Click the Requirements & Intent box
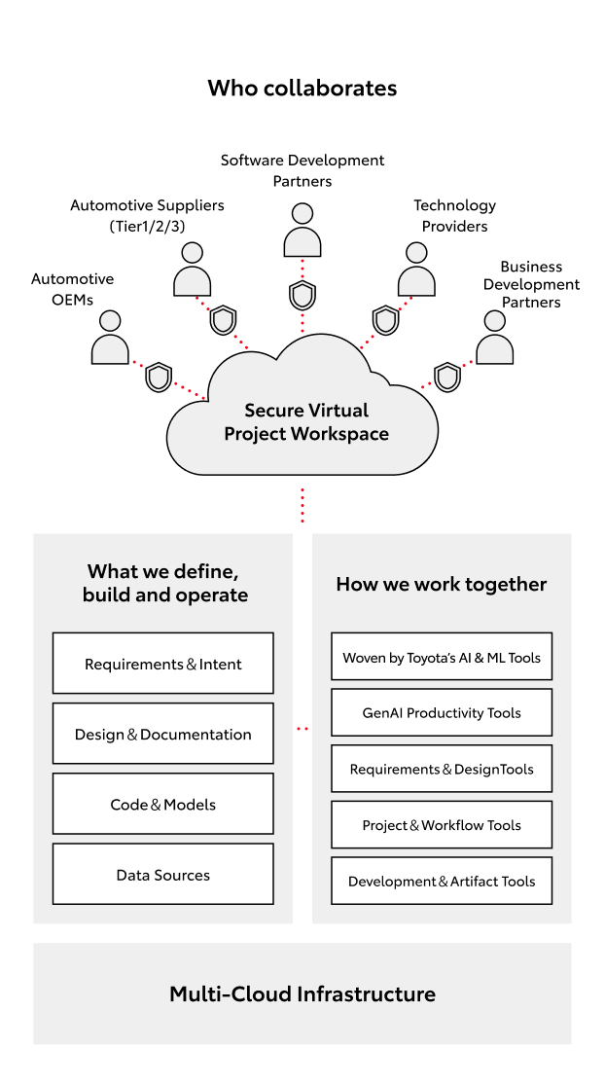(x=162, y=664)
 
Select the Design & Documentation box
(x=162, y=734)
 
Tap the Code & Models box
(x=162, y=804)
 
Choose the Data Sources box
(x=162, y=874)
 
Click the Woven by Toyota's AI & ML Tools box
(x=442, y=658)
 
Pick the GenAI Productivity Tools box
(x=442, y=712)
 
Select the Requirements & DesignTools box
(x=442, y=769)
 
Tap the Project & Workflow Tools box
(x=442, y=824)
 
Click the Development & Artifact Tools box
(x=442, y=881)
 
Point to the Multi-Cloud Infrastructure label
(x=302, y=993)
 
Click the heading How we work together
(x=442, y=584)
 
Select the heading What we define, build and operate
(x=164, y=583)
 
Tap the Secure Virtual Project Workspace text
(x=306, y=422)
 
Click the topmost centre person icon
(x=302, y=231)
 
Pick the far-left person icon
(x=110, y=338)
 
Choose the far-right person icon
(x=495, y=338)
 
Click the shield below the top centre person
(x=302, y=294)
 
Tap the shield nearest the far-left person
(x=159, y=377)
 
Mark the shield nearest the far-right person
(x=447, y=377)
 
